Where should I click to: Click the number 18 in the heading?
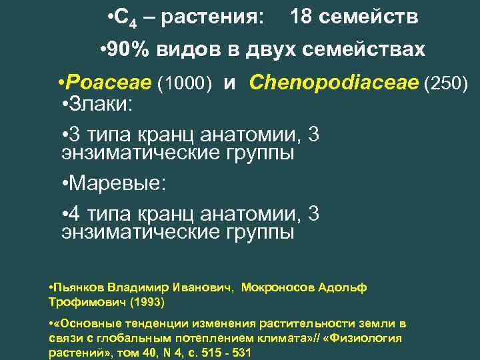(302, 17)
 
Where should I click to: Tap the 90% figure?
(125, 50)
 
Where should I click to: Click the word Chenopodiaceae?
(333, 83)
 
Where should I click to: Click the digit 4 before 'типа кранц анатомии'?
(75, 213)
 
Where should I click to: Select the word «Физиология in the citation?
(369, 338)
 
